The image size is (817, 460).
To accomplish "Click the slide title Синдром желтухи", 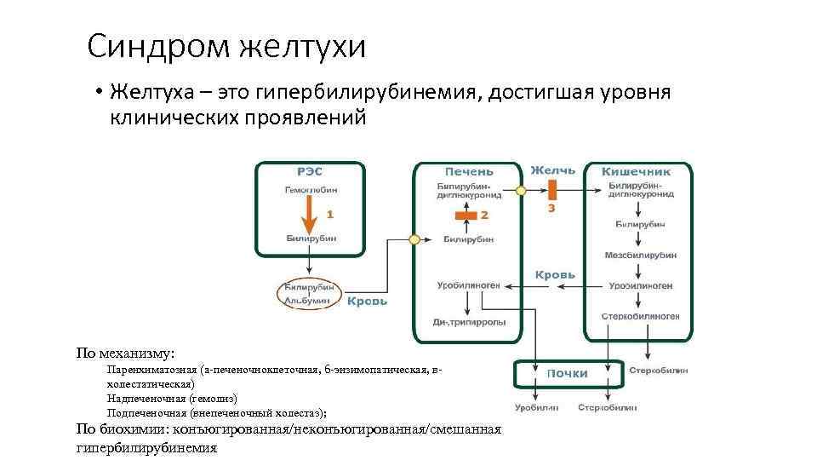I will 226,46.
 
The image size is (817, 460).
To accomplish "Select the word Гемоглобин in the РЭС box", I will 310,190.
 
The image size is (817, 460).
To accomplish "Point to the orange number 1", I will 329,215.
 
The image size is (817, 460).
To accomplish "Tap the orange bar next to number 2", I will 466,215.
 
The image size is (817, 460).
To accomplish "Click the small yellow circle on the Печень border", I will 414,240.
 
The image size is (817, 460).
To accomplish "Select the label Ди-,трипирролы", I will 469,323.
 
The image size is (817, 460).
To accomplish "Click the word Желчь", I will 552,170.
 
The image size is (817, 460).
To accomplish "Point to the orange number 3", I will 551,207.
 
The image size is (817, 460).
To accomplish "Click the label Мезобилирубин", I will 640,256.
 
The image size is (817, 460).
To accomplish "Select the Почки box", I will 566,373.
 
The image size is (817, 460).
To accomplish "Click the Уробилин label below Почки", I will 536,408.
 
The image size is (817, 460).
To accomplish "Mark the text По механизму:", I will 126,353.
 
